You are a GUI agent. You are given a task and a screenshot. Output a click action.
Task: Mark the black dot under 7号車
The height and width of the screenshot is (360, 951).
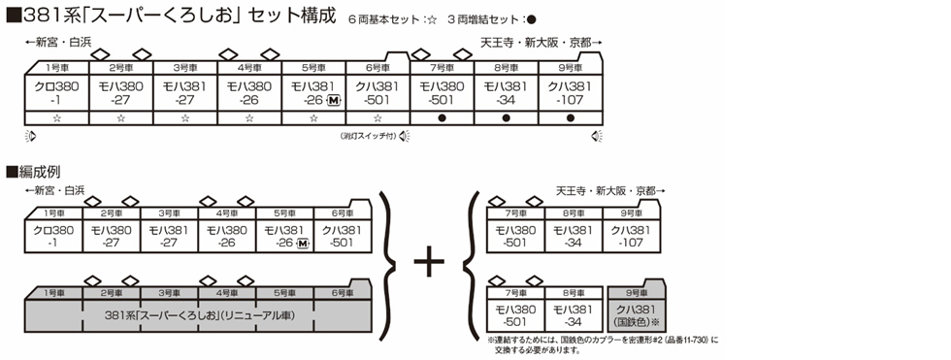[x=442, y=117]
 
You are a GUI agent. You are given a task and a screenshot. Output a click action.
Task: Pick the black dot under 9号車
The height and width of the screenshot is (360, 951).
[x=570, y=117]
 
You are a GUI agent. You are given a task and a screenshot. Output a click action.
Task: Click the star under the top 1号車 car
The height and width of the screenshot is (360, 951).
[x=56, y=117]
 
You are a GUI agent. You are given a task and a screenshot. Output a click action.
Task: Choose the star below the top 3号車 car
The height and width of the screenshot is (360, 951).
[x=184, y=117]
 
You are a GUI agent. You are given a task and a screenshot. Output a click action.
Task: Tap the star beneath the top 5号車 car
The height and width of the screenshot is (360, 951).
[x=312, y=117]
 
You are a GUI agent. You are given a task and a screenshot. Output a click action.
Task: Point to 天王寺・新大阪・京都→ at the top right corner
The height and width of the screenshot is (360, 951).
[x=541, y=44]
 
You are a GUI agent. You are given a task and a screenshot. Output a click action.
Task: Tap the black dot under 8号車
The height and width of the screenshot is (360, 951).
[x=506, y=117]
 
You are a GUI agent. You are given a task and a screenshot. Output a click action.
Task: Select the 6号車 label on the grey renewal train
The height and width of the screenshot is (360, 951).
[x=342, y=292]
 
